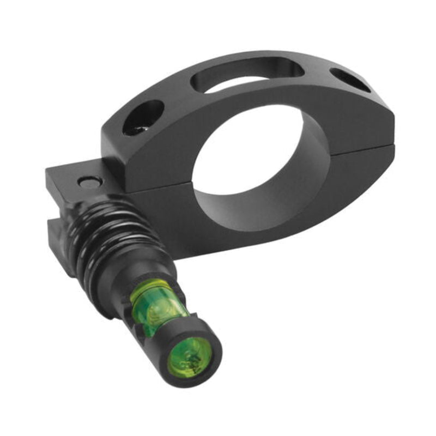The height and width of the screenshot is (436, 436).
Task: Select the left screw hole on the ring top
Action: [x=143, y=117]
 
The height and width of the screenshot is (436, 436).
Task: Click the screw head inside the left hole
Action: [x=136, y=128]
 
